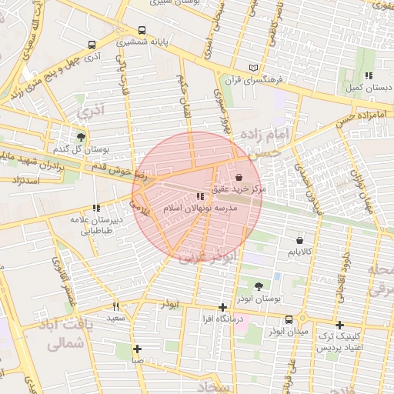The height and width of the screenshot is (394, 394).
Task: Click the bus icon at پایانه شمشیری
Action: click(x=142, y=31)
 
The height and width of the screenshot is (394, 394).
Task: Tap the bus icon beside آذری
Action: click(x=92, y=45)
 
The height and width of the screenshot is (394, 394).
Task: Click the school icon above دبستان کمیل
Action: click(x=369, y=75)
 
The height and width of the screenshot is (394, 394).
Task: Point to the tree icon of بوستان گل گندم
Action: click(x=81, y=136)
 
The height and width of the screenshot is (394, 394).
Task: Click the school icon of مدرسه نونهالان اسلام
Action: click(x=202, y=197)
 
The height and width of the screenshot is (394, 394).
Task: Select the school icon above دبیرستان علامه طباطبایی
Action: click(x=96, y=208)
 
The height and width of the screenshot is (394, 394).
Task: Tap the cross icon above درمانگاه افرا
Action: click(x=223, y=307)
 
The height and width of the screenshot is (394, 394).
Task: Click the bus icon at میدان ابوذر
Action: click(x=289, y=319)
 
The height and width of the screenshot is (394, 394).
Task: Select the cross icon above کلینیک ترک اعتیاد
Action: click(x=339, y=325)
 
